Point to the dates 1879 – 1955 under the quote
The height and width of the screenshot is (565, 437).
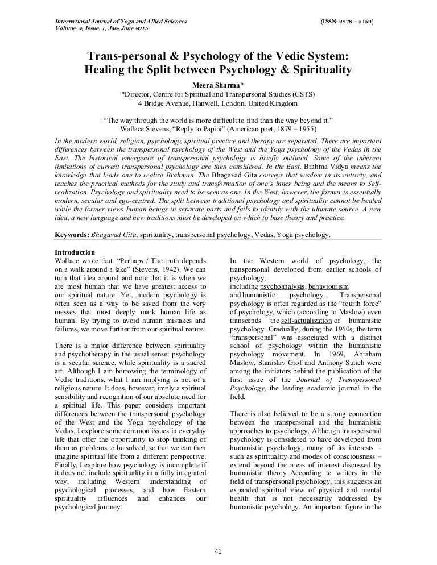292,129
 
